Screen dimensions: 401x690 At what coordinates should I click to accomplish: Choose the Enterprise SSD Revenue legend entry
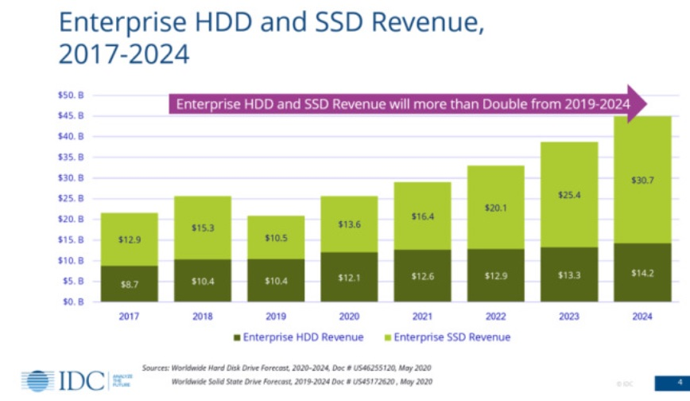[x=450, y=337]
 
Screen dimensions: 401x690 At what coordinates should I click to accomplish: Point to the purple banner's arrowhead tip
[x=646, y=104]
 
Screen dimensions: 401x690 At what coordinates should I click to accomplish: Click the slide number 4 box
[x=671, y=382]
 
